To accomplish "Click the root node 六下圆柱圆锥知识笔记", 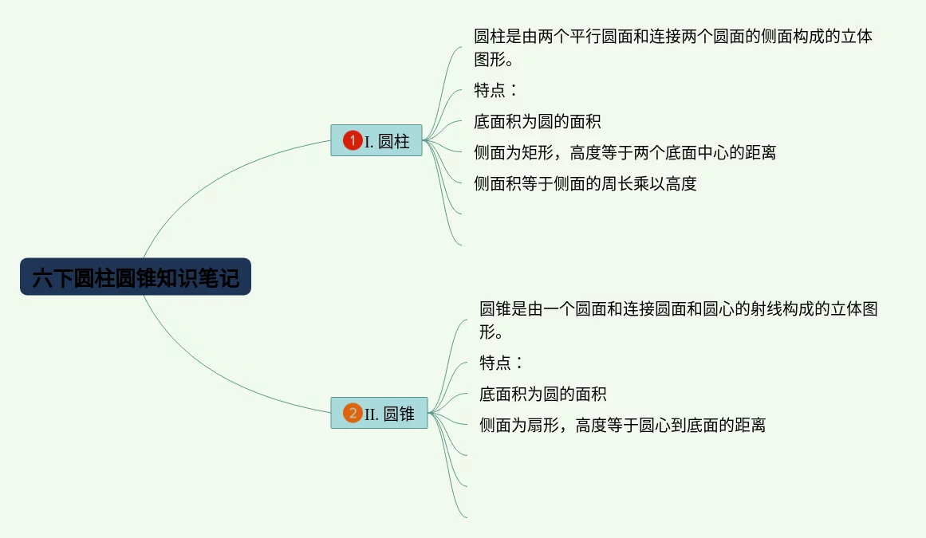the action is (x=136, y=277).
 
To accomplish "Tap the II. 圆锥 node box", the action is (x=379, y=413).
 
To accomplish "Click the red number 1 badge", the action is (x=352, y=141).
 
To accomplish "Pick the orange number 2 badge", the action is (x=352, y=413).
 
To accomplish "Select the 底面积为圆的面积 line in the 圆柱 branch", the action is (x=537, y=121).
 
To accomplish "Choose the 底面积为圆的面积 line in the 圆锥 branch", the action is (x=542, y=394).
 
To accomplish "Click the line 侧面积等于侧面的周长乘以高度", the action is (x=585, y=183).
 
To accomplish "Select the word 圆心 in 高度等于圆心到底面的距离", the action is (x=654, y=425).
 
